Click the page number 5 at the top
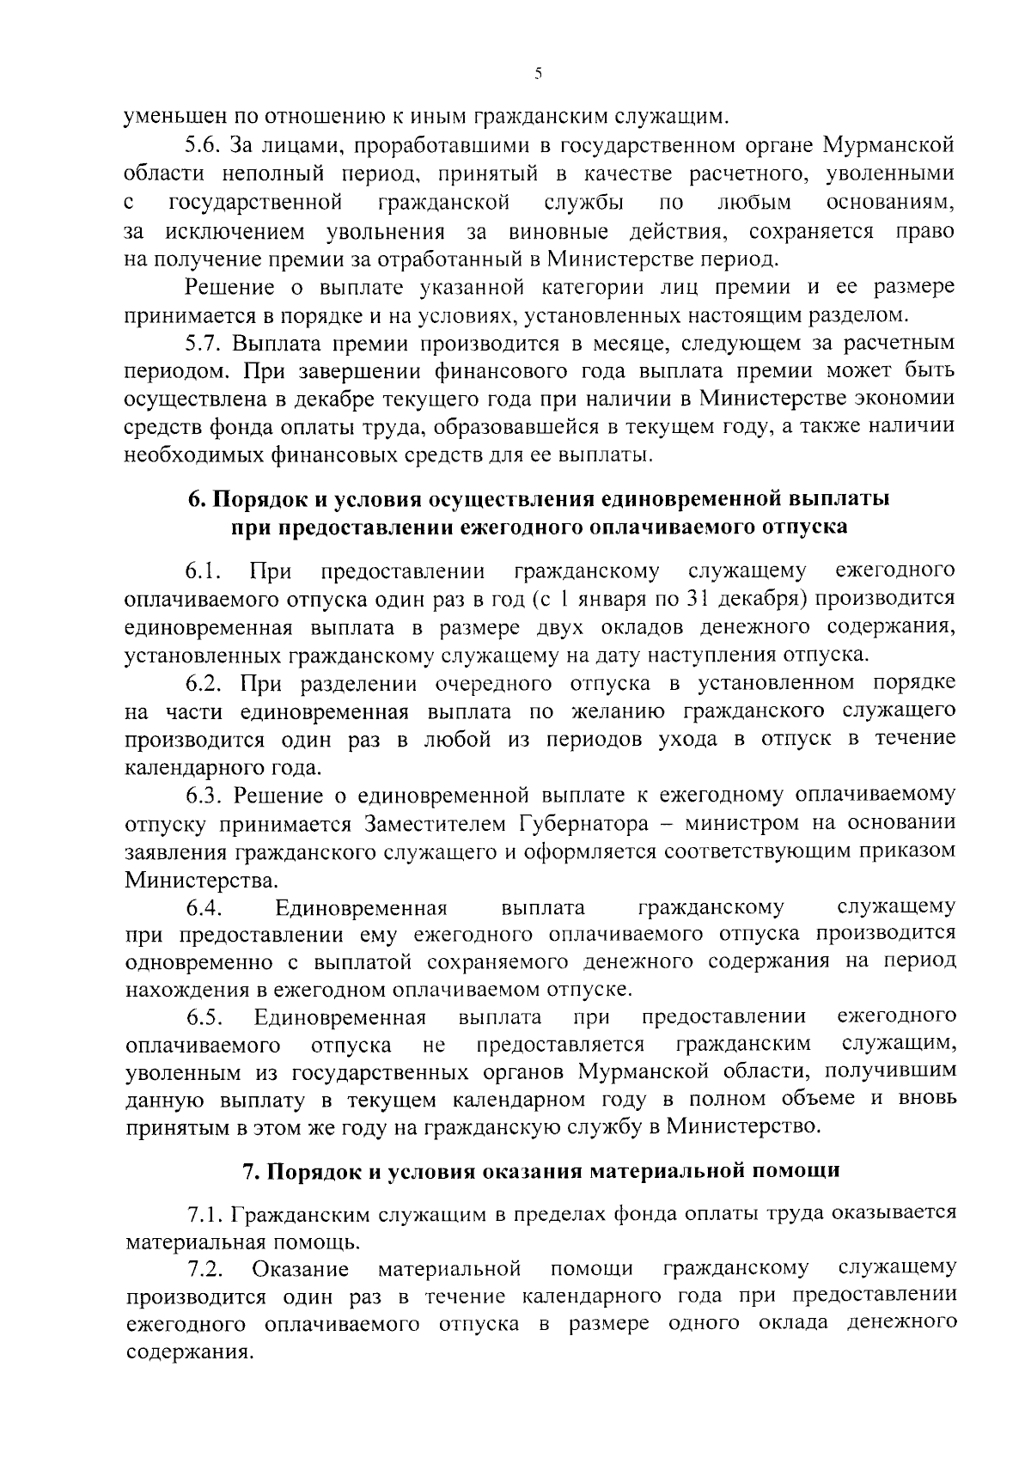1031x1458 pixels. point(538,75)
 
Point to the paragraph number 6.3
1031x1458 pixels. point(204,795)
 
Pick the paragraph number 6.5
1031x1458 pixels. point(204,1017)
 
